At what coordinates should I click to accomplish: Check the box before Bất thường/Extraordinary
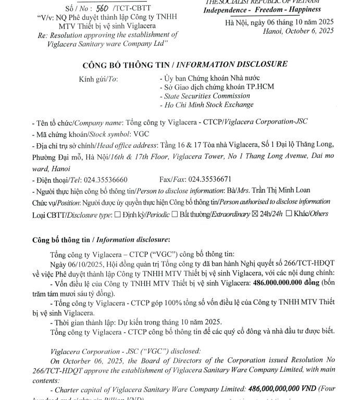pyautogui.click(x=175, y=214)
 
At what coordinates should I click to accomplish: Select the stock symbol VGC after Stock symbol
pyautogui.click(x=142, y=133)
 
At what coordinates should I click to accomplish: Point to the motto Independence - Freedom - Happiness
pyautogui.click(x=262, y=9)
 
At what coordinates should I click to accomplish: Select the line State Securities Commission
pyautogui.click(x=207, y=96)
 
